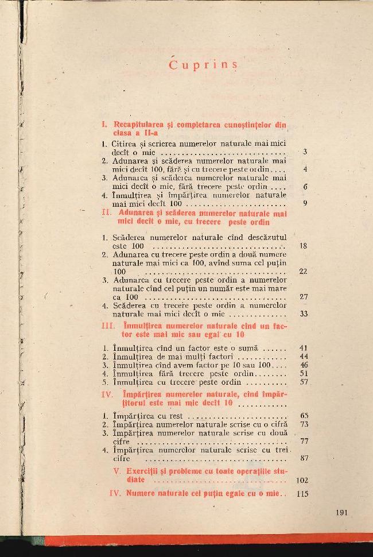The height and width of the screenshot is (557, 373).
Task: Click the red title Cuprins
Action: tap(203, 64)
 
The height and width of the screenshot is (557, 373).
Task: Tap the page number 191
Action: tap(341, 513)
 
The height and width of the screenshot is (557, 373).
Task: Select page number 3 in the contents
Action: tap(305, 152)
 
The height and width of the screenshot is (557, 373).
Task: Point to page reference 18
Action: tap(304, 246)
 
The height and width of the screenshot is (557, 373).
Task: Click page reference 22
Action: tap(304, 271)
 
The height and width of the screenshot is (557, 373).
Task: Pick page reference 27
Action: tap(304, 297)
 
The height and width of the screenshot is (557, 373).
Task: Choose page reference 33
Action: tap(304, 314)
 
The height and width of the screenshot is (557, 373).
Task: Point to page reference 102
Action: tap(301, 479)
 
